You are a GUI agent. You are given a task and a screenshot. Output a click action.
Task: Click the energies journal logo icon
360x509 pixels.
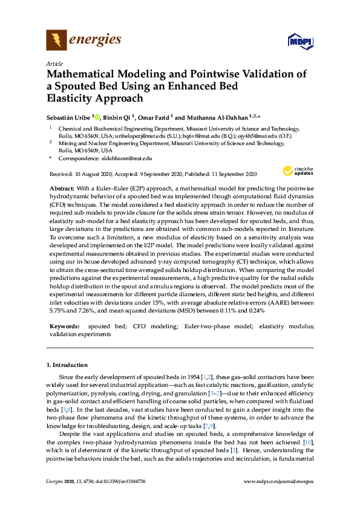click(x=56, y=41)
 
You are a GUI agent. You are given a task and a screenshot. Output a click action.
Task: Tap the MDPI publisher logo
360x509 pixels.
click(x=299, y=42)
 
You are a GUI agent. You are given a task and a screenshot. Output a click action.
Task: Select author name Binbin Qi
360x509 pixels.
click(x=118, y=117)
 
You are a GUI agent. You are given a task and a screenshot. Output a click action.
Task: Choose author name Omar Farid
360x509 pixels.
click(x=155, y=117)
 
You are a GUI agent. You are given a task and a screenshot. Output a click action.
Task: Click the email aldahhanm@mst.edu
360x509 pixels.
click(x=126, y=158)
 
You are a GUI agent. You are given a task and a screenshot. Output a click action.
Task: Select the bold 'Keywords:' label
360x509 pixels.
click(x=64, y=326)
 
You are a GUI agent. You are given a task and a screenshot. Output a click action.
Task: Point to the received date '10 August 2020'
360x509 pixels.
click(x=91, y=173)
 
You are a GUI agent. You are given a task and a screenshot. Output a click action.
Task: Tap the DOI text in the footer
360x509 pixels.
click(x=122, y=498)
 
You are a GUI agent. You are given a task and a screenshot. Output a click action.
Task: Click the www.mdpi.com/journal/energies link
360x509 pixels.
click(x=278, y=498)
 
